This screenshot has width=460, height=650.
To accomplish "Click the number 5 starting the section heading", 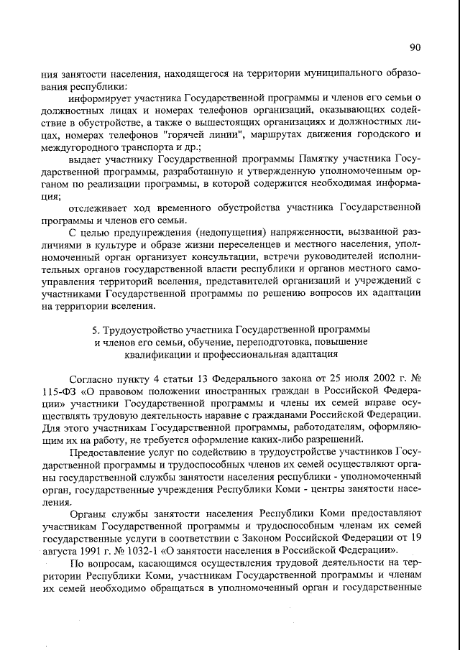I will pos(94,330).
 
